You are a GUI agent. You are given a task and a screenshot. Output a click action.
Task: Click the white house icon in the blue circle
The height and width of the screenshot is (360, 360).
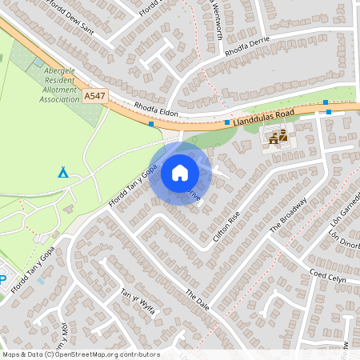tap(180, 172)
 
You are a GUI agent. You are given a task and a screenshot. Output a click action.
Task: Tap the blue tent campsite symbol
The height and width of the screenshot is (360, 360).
tap(63, 171)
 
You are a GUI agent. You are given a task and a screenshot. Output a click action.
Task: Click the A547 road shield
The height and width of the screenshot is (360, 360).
tap(93, 95)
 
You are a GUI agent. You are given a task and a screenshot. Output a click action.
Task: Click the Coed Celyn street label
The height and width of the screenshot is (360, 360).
tap(327, 278)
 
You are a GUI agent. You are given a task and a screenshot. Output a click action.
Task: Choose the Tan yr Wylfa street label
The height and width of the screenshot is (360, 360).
tap(137, 302)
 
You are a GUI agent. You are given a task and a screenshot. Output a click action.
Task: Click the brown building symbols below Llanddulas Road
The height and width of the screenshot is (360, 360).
tap(278, 138)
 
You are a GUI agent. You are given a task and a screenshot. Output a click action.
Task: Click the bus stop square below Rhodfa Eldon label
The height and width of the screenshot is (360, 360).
tap(151, 124)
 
